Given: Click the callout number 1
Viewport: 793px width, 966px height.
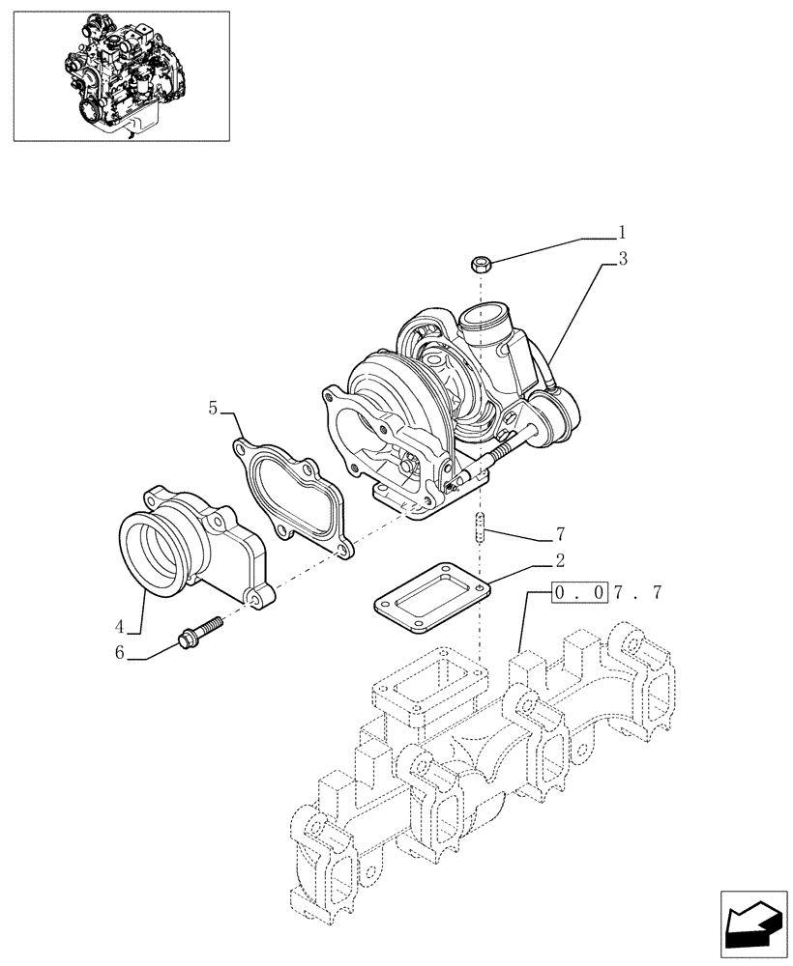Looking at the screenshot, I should pos(623,232).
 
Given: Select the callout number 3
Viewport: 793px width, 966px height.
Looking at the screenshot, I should pos(623,259).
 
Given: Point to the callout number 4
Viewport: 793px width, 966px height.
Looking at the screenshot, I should pos(119,626).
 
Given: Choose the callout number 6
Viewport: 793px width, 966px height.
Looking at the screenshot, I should pos(120,653).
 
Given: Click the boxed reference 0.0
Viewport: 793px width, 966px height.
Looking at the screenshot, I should pos(580,593).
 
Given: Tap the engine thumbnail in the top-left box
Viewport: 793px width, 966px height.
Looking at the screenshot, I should pos(121,75).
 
